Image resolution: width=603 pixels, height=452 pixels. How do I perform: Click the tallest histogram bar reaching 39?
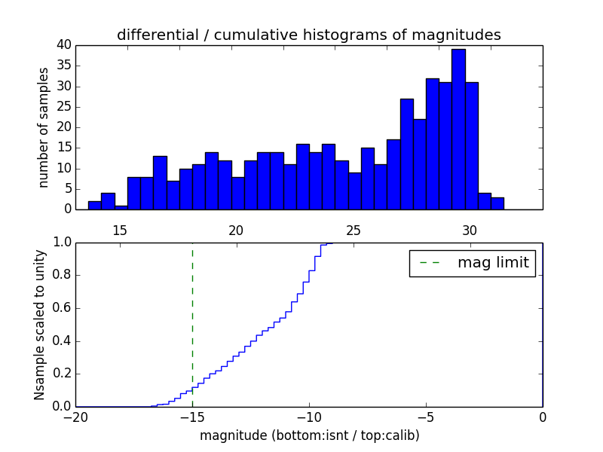click(x=458, y=129)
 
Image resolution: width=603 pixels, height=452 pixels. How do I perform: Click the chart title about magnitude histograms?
click(x=308, y=35)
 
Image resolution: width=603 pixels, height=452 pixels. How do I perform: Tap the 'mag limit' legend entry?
click(x=472, y=263)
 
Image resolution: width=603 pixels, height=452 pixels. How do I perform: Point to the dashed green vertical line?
click(x=192, y=324)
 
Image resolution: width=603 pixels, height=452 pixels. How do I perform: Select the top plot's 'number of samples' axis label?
click(x=44, y=127)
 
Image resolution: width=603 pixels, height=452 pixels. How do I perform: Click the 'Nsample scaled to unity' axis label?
click(x=39, y=324)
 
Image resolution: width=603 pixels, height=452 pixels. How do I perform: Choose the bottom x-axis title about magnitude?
click(x=309, y=435)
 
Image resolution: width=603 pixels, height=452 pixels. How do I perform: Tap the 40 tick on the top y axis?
click(x=63, y=45)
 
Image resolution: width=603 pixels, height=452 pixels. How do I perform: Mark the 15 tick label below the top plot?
click(x=120, y=231)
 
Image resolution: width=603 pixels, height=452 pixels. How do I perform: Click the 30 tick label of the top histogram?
click(x=470, y=231)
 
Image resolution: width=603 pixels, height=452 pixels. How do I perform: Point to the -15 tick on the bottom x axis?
click(x=192, y=417)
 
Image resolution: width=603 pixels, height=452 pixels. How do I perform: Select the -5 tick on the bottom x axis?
click(x=426, y=417)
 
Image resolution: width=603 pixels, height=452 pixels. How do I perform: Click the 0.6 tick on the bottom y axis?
click(x=60, y=308)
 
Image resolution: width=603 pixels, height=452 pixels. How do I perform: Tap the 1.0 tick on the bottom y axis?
click(x=60, y=243)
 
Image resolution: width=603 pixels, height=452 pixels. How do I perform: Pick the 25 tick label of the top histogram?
click(x=353, y=231)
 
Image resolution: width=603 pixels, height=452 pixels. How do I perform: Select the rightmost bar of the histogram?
click(x=497, y=203)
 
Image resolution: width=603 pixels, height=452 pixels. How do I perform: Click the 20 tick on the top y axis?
click(x=63, y=127)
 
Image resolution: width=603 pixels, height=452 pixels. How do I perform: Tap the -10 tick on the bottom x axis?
click(x=309, y=417)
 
